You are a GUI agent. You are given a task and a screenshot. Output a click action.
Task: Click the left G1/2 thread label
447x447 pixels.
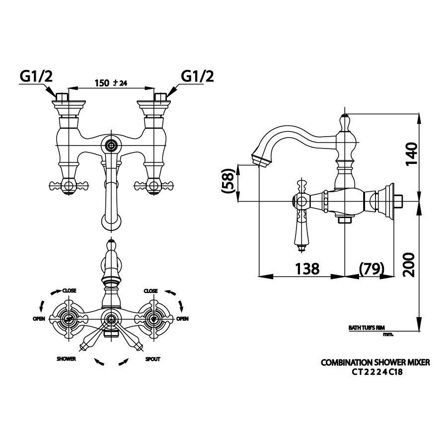(x=36, y=76)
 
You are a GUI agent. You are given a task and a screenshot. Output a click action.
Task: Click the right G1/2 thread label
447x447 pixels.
(x=197, y=76)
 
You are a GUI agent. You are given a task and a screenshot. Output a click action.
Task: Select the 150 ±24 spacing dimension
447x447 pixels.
(x=111, y=83)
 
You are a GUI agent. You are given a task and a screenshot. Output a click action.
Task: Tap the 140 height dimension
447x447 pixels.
(x=411, y=153)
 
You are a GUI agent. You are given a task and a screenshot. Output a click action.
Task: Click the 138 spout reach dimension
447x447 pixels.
(x=307, y=269)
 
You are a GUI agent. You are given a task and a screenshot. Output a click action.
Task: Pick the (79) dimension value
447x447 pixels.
(x=372, y=268)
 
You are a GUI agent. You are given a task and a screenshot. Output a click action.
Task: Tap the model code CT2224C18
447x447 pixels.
(x=377, y=372)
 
